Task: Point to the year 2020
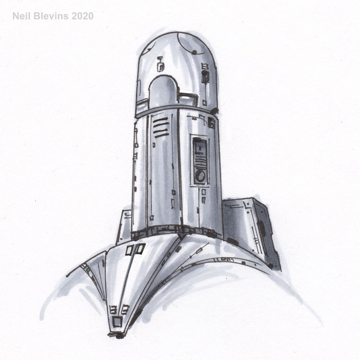click(x=82, y=16)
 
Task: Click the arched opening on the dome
click(x=164, y=92)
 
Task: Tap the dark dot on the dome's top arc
click(x=194, y=52)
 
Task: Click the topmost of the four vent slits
click(x=160, y=119)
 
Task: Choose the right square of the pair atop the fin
click(x=140, y=249)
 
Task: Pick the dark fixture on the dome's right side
click(x=205, y=76)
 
